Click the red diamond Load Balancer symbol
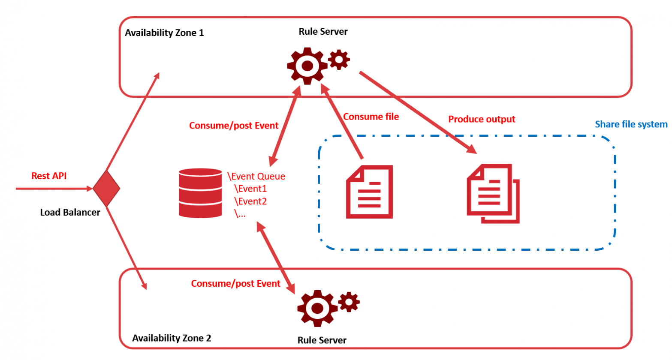coord(106,188)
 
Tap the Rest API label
coord(49,176)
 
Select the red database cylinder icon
coord(200,193)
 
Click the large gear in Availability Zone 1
coord(307,66)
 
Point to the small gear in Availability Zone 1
coord(339,60)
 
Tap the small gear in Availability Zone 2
coord(349,302)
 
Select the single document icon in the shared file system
coord(369,192)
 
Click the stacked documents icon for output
coord(493,193)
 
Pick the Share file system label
coord(631,124)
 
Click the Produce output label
coord(482,119)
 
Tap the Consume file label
coord(371,117)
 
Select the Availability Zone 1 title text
coord(164,33)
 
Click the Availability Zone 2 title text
coord(172,338)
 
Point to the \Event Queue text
coord(256,176)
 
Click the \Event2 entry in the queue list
coord(250,201)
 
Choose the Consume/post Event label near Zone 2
coord(235,283)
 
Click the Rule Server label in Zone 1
coord(323,31)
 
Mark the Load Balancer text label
coord(70,212)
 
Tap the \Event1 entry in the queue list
coord(250,189)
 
